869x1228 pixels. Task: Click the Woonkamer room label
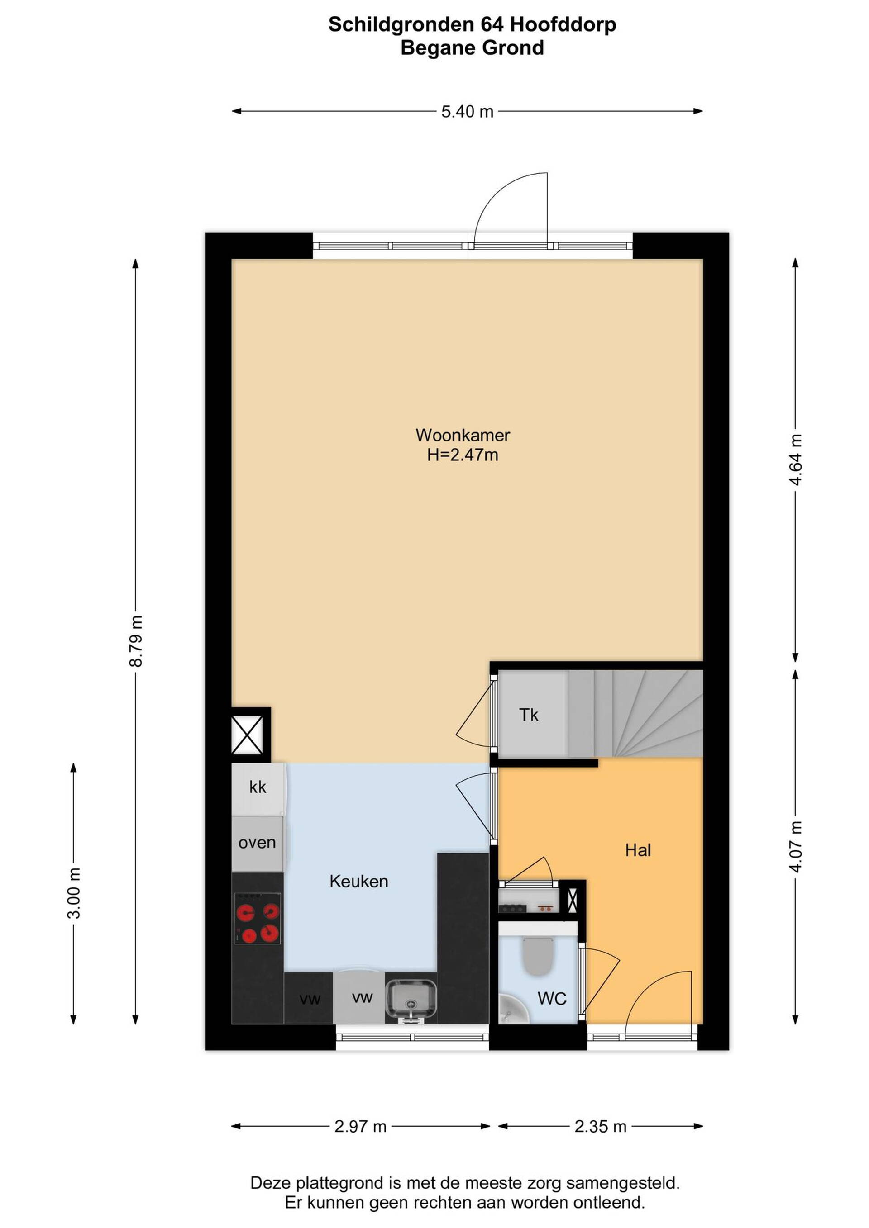[x=463, y=436]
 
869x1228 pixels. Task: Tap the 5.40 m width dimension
[x=467, y=112]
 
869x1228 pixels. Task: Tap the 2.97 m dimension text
[x=360, y=1126]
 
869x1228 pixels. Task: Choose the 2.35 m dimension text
[x=601, y=1126]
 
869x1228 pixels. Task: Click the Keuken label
[x=358, y=882]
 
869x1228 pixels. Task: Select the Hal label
[x=638, y=850]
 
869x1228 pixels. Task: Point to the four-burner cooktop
[x=258, y=918]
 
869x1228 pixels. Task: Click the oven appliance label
[x=257, y=844]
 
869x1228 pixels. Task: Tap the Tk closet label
[x=529, y=715]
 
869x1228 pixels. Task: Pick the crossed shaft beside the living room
[x=247, y=735]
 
